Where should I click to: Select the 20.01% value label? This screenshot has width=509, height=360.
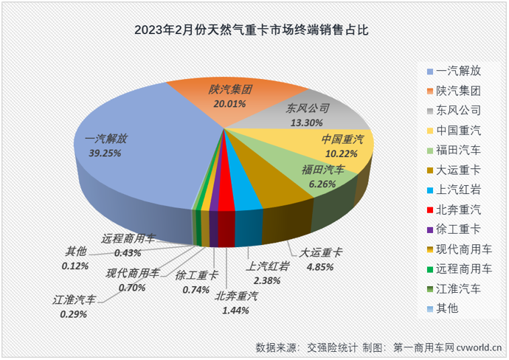[x=231, y=103]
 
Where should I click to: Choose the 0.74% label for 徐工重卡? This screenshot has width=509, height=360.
[x=196, y=289]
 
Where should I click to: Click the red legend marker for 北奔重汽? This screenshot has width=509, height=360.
[x=430, y=210]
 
